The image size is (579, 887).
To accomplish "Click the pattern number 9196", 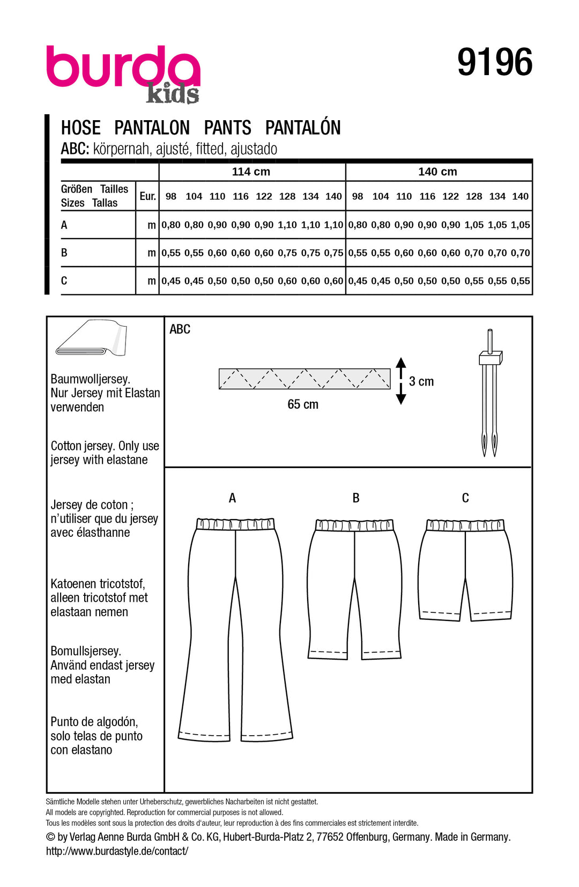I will click(x=494, y=63).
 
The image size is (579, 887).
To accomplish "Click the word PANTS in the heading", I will click(x=227, y=128).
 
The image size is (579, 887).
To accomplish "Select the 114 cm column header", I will click(x=251, y=172).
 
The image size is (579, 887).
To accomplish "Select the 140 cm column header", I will click(x=437, y=172).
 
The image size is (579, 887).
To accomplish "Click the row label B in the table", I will click(x=64, y=253).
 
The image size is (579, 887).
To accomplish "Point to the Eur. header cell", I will click(x=147, y=196).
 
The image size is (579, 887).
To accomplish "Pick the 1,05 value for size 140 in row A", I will click(x=521, y=225).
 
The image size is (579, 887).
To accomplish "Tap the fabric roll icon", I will click(x=91, y=338).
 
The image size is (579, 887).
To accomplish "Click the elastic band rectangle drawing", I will click(x=305, y=379).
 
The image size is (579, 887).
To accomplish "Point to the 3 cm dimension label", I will click(x=421, y=381).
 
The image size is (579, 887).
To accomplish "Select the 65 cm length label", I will click(x=303, y=404).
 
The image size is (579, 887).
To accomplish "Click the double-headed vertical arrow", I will click(x=401, y=381).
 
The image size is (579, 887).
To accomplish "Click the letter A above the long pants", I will click(x=232, y=498).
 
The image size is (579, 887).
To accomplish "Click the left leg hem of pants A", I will click(x=204, y=735).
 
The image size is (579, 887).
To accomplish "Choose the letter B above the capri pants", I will click(x=356, y=498).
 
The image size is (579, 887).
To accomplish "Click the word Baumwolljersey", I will click(x=90, y=379).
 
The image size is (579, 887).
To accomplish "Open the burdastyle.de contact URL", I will click(x=117, y=851).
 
